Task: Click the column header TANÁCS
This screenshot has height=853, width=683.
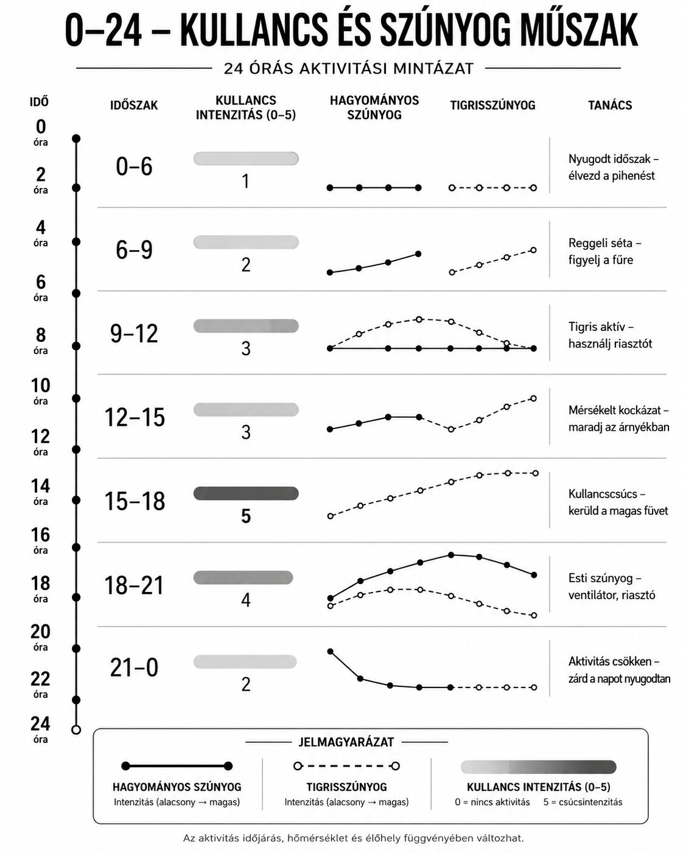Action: coord(609,105)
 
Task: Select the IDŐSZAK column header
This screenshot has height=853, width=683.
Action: coord(134,105)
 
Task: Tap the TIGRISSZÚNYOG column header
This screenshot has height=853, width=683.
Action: coord(492,105)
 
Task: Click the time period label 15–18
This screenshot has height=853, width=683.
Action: coord(135,501)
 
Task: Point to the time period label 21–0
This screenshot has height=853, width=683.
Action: coord(134,667)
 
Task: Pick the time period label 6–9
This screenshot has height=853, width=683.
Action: coord(134,250)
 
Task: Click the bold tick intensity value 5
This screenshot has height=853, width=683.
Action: coord(246,516)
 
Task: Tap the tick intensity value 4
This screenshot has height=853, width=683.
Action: coord(246,600)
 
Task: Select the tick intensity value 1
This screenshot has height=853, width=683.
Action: coord(246,181)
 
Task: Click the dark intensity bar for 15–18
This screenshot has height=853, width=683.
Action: coord(246,493)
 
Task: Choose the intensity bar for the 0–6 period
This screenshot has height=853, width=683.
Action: coord(246,159)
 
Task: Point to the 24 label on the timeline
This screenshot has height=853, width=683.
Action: coord(40,724)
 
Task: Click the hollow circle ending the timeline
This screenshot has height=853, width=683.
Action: coord(76,729)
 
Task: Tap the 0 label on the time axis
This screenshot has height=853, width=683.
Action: coord(41,127)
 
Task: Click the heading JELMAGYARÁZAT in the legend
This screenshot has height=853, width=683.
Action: coord(346,742)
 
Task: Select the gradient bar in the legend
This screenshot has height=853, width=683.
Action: coord(539,767)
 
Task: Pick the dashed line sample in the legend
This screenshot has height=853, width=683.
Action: coord(346,766)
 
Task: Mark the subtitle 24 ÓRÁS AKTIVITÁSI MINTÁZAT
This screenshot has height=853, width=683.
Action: coord(349,69)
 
